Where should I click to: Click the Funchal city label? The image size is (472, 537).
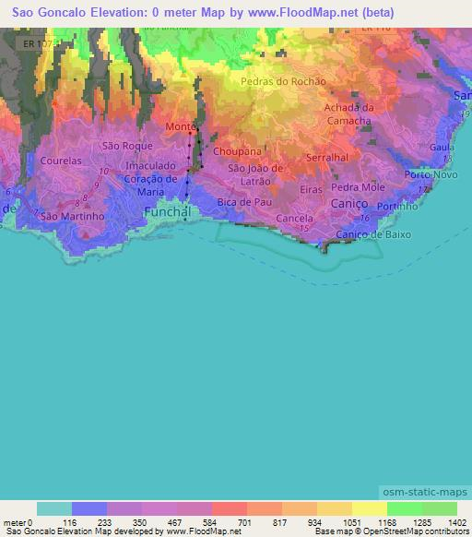168,212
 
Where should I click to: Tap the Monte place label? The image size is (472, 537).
179,126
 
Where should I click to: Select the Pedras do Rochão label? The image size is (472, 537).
283,81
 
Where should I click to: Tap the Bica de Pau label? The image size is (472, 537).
244,200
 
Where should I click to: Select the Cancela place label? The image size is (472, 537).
294,219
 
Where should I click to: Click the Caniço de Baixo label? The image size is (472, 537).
372,234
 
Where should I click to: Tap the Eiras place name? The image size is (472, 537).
312,188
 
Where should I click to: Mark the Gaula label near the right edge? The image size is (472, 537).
443,147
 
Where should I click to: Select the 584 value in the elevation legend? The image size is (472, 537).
195,521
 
